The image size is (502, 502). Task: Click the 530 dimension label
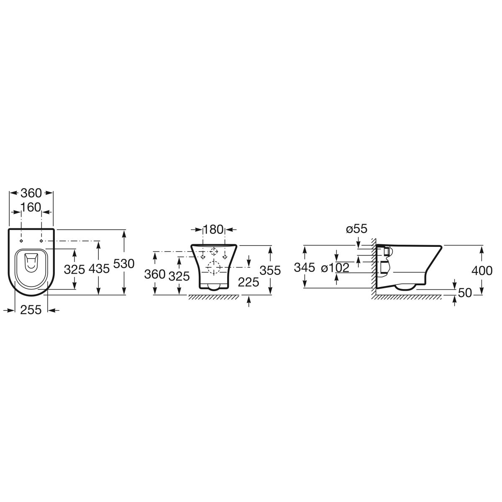click(124, 264)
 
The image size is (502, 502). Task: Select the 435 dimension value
click(99, 269)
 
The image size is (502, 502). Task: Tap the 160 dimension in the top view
click(31, 207)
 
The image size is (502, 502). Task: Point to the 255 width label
click(31, 310)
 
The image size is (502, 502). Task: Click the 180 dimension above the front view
click(213, 230)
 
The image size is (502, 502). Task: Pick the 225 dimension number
click(248, 282)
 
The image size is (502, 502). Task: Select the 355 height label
click(270, 270)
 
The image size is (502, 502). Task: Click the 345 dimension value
click(305, 267)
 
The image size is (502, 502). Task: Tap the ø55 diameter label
click(357, 229)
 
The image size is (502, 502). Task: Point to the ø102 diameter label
click(335, 268)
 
